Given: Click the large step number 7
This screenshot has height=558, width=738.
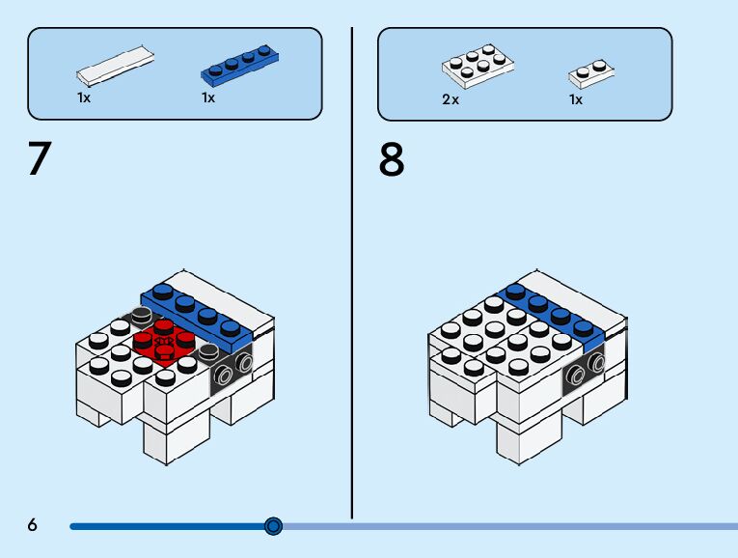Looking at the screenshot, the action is coord(40,158).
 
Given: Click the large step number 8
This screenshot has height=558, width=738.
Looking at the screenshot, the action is coord(392,159).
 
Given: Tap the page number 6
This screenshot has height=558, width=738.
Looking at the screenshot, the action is coord(32,524).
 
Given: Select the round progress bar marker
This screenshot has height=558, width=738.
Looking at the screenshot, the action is coord(273,526).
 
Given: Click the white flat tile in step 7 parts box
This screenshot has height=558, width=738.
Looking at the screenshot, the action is coord(116,67).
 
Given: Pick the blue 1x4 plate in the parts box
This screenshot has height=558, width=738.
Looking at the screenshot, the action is coord(239,66).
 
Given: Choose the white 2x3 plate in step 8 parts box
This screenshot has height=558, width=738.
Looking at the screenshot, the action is coord(478,67).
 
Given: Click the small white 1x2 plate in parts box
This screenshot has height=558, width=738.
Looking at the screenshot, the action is coord(591,74).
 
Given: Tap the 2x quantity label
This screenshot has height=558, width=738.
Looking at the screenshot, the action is coord(451,99).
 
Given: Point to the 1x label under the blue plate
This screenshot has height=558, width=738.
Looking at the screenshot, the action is coord(208,98).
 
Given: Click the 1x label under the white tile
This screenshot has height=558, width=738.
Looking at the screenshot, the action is coord(84,98).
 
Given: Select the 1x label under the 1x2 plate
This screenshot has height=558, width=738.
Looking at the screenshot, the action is coord(576,99).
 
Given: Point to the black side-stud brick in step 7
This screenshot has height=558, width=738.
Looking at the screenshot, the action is coord(232,370).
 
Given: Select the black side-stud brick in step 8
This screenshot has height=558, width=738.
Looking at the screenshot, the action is coord(584,370).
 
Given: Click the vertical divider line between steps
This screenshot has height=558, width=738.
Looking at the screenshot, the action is coord(351,273).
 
